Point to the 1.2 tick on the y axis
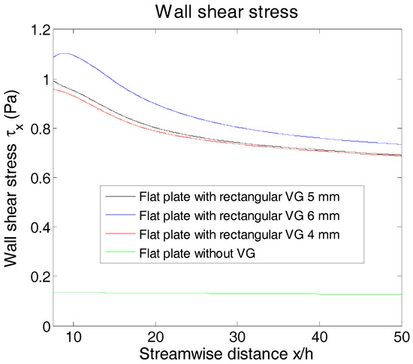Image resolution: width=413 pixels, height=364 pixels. (x=41, y=31)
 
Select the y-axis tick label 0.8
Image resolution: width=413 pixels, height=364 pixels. (x=41, y=129)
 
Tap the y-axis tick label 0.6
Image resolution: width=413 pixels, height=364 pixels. (x=41, y=178)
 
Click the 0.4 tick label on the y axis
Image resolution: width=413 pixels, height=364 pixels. (x=41, y=227)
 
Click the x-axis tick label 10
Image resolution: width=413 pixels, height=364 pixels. (x=73, y=335)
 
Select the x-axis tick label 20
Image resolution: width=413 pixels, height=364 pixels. (x=155, y=335)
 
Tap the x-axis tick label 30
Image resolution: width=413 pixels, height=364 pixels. (x=237, y=335)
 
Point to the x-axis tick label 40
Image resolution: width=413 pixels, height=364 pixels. (x=319, y=335)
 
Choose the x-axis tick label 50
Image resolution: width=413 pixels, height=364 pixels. (x=401, y=335)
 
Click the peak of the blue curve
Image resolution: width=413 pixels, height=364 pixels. (x=69, y=53)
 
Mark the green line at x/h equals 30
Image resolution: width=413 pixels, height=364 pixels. (x=237, y=293)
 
